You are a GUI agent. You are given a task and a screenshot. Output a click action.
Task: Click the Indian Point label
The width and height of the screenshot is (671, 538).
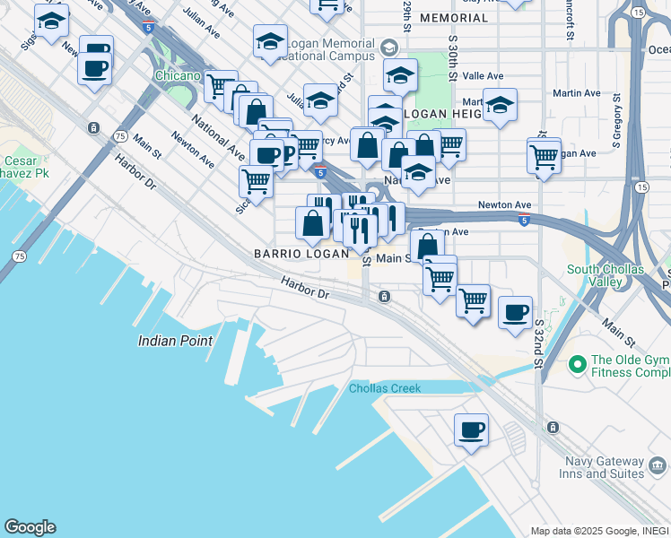click(x=176, y=341)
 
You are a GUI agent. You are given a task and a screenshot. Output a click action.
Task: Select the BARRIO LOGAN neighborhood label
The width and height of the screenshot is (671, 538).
click(x=301, y=254)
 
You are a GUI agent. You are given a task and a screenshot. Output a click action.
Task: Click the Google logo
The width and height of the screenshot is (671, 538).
click(x=30, y=527)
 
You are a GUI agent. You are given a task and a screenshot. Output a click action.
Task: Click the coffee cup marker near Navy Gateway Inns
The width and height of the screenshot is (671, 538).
click(x=471, y=430)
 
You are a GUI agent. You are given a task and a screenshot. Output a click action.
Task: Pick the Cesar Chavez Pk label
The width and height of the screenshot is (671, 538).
click(x=20, y=169)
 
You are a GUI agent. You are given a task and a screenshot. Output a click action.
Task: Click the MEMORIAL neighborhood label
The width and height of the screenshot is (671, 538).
click(x=454, y=18)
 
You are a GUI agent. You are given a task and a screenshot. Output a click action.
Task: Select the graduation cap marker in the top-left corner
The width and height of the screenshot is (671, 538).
click(x=51, y=20)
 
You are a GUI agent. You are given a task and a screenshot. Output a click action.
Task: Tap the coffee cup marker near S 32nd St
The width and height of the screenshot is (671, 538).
click(x=515, y=312)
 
